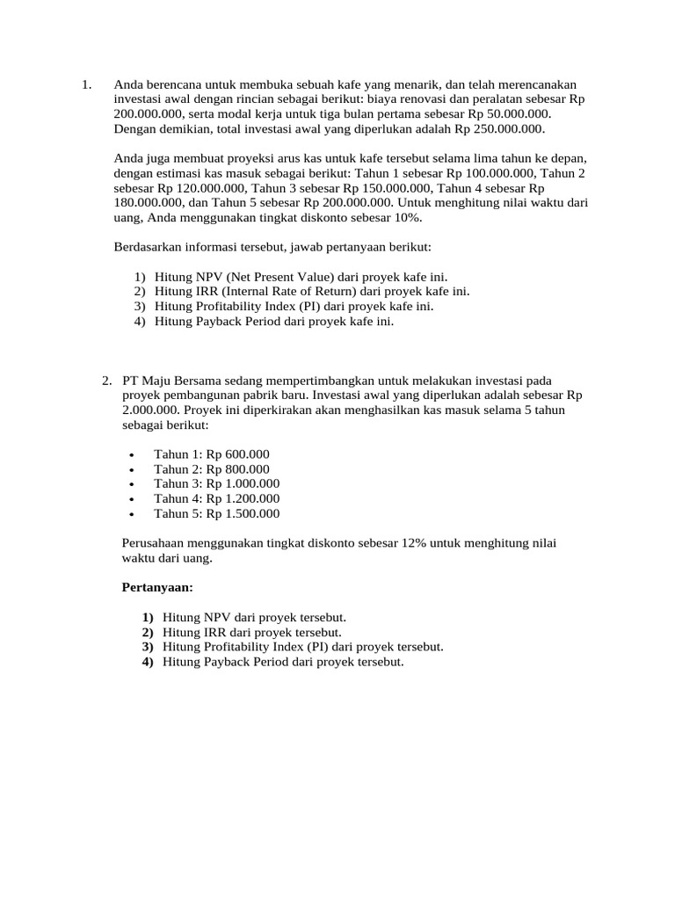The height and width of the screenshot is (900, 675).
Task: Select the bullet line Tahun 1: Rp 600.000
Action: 211,454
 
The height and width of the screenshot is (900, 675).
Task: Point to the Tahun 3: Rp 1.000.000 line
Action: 216,483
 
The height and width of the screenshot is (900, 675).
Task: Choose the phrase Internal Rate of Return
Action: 280,291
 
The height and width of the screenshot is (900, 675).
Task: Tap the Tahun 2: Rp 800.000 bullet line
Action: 211,468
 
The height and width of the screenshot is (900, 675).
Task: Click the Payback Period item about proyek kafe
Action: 274,321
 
